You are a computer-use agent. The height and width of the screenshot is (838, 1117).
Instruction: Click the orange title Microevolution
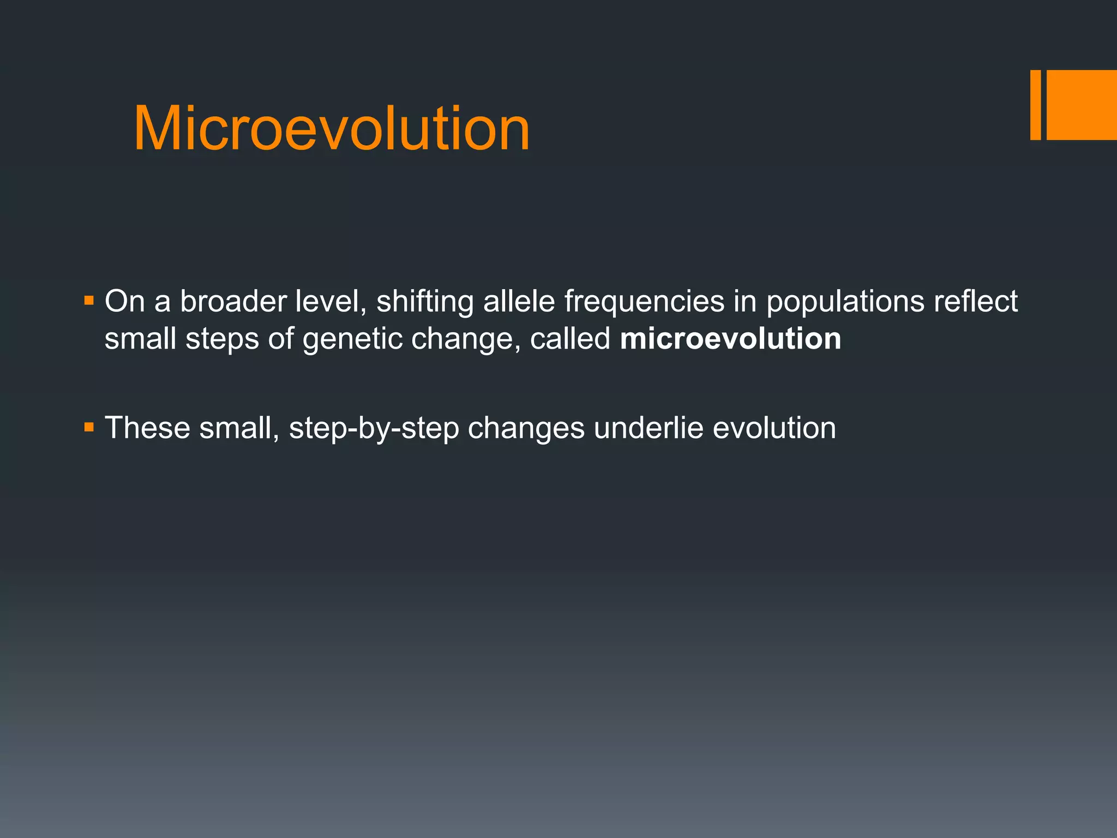(x=332, y=129)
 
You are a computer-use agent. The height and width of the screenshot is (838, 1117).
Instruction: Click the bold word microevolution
(x=730, y=339)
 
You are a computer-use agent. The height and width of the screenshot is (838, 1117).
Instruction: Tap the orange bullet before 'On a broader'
(x=89, y=300)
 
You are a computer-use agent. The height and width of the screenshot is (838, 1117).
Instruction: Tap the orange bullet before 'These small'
(x=89, y=427)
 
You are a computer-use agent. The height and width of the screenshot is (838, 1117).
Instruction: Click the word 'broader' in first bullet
(x=233, y=301)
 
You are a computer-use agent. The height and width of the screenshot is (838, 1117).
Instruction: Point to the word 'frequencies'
(x=644, y=302)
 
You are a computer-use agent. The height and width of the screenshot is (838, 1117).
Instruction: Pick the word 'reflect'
(x=975, y=301)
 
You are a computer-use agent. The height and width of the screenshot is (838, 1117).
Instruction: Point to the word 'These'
(x=147, y=428)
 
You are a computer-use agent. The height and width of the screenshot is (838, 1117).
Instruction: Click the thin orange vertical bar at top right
(x=1035, y=105)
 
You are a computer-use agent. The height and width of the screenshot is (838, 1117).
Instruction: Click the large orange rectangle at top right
(x=1082, y=105)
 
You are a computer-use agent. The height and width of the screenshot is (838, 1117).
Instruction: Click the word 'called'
(x=570, y=339)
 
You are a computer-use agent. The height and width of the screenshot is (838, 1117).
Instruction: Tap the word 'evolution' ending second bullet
(x=774, y=428)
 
